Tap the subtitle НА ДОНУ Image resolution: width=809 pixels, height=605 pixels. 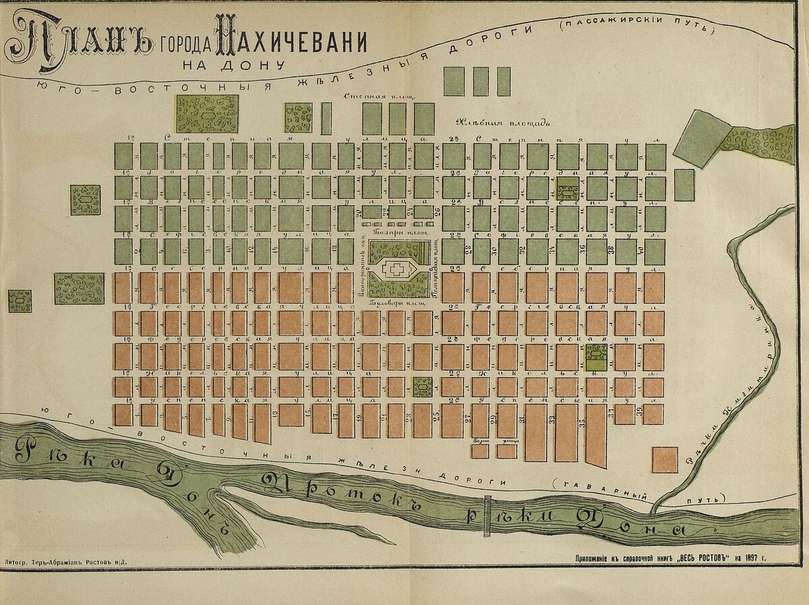click(233, 66)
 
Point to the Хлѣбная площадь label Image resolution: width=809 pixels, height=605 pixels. click(503, 123)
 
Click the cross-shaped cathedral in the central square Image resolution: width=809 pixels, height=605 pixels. click(396, 270)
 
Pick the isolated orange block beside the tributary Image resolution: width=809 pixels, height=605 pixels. click(664, 459)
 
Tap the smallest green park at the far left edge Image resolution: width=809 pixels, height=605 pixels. click(20, 301)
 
